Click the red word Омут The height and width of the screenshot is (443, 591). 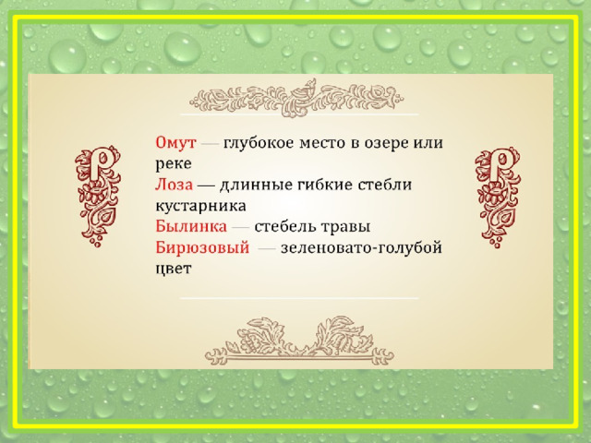(175, 143)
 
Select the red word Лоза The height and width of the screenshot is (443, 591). (174, 185)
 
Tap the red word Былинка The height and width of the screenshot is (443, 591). (191, 226)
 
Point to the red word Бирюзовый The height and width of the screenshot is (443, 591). (202, 248)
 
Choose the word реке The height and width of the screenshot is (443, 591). (174, 164)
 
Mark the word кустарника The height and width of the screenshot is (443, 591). (200, 206)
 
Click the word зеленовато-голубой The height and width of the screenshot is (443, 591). (361, 248)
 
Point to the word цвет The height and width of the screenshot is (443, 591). (174, 269)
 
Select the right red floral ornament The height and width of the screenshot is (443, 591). (498, 197)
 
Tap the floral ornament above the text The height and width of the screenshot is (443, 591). (297, 97)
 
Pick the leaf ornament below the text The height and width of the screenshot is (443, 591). (299, 341)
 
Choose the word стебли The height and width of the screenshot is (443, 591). (384, 185)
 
